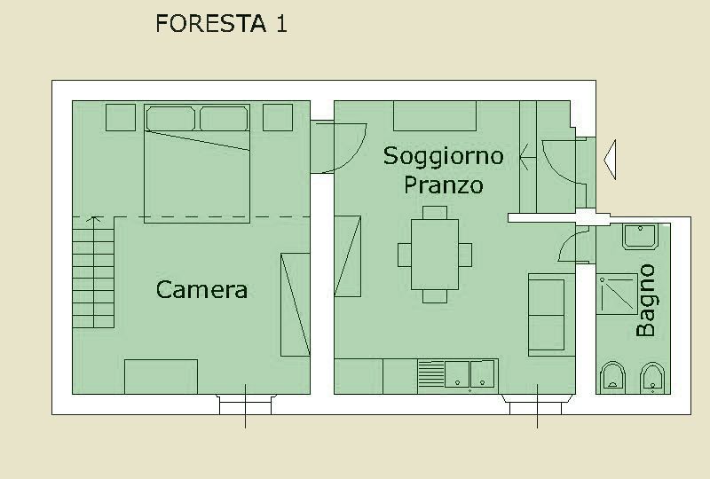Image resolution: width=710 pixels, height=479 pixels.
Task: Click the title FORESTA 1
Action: point(221,24)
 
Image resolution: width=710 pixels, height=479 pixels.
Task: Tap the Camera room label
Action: point(202,290)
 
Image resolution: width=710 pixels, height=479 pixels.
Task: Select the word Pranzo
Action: point(443,185)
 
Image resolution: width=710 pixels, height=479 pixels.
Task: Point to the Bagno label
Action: point(646,301)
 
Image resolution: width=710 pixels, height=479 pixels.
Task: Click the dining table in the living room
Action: point(435,255)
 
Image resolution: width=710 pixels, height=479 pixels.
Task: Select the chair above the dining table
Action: point(435,213)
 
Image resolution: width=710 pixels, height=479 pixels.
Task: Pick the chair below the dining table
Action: point(435,296)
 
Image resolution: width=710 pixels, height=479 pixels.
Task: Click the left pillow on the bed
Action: point(170,119)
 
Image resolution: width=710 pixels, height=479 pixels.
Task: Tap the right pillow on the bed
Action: point(225,119)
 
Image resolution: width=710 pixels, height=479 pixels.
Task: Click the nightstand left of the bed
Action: point(121,118)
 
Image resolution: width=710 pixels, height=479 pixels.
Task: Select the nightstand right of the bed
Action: point(278,118)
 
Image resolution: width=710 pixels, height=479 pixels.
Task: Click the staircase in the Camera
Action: point(93,272)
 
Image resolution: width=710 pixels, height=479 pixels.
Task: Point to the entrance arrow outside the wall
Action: point(610,160)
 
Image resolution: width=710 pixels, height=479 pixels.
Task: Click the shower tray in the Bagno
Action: point(617,294)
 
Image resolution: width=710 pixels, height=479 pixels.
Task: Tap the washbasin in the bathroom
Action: point(640,236)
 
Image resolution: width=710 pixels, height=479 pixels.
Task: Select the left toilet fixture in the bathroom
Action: point(612,378)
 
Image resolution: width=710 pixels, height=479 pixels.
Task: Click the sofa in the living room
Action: point(547,315)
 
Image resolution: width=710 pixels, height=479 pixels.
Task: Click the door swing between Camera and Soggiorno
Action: point(339,147)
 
